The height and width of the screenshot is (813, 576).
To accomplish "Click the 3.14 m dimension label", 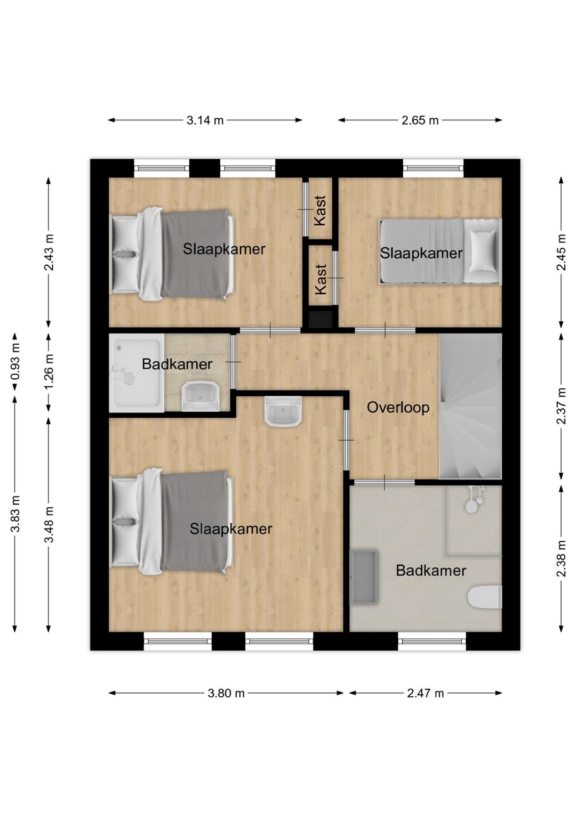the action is [205, 120].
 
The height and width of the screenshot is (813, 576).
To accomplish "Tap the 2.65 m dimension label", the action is [420, 120].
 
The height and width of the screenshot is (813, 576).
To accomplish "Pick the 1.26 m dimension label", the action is [49, 372].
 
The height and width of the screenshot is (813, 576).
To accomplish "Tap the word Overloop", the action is [398, 408].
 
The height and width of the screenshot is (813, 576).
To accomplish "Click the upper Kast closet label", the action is [321, 211].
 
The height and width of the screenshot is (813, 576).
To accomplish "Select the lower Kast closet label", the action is [321, 280].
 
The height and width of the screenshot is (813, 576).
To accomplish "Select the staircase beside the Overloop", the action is [470, 407].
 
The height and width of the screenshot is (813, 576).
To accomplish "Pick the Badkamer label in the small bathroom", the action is [177, 364].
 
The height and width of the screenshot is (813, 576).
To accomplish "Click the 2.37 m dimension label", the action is [562, 406].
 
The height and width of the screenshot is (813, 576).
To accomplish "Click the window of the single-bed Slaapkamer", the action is [433, 168].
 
